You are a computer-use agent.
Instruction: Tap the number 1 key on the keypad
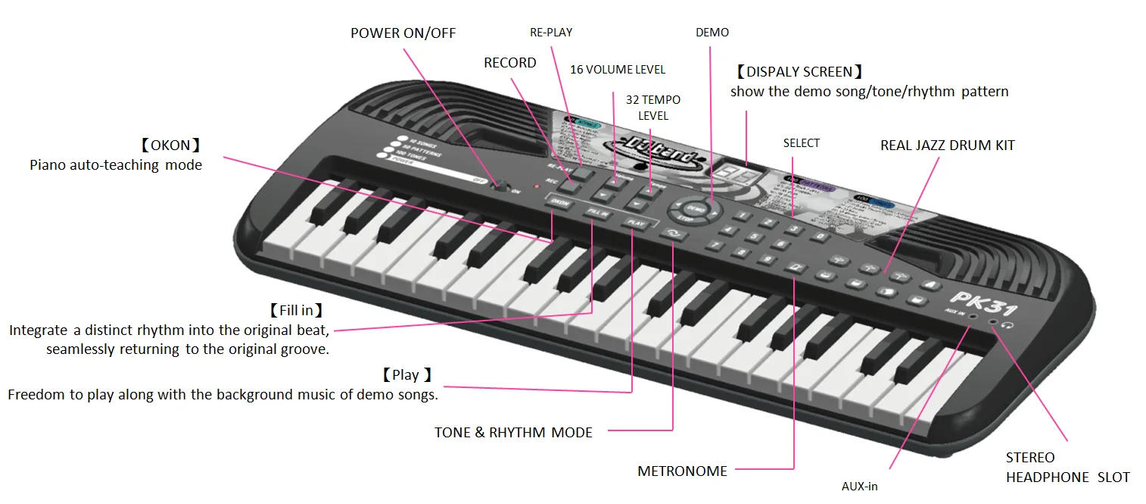click(x=743, y=217)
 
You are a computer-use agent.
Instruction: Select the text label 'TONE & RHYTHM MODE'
click(x=513, y=433)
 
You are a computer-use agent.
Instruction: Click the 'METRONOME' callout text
click(x=682, y=471)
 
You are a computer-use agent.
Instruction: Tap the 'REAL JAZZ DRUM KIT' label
click(x=947, y=145)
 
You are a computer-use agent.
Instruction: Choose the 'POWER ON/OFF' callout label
click(x=403, y=33)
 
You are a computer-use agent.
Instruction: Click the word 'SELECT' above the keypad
click(x=801, y=143)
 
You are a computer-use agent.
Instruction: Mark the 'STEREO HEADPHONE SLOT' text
click(x=1067, y=468)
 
